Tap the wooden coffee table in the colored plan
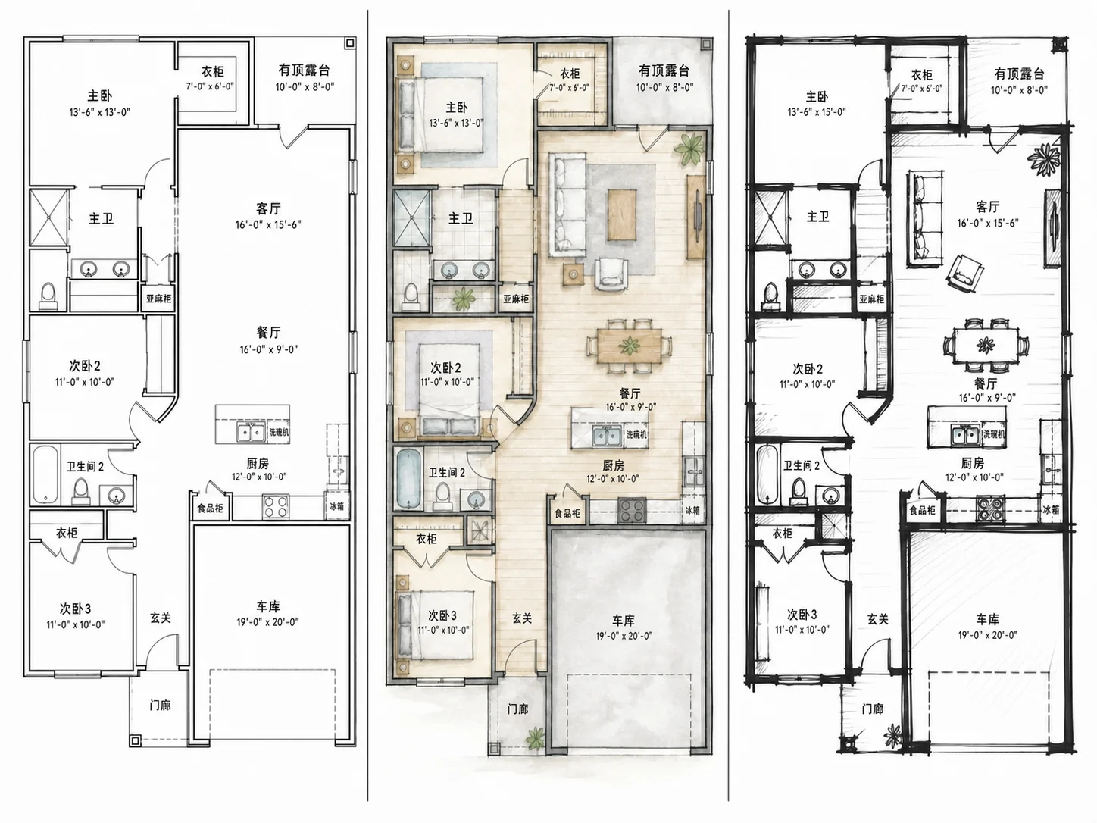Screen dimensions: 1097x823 pos(623,214)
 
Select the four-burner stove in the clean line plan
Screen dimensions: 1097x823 pos(275,507)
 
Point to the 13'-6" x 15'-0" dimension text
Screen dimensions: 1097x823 pos(817,112)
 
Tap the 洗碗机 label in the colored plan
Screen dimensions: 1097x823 pos(636,434)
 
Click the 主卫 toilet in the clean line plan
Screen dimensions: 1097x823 pos(48,296)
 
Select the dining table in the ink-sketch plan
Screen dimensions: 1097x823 pos(986,345)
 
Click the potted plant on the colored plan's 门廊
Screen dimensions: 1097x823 pos(536,737)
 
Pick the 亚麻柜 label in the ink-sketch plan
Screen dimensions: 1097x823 pos(871,299)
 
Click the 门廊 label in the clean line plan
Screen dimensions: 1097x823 pos(160,705)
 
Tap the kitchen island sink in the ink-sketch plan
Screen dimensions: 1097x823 pos(966,434)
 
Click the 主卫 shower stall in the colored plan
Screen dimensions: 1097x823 pos(411,217)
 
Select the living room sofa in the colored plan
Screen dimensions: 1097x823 pos(567,205)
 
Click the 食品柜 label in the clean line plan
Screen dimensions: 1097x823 pos(210,509)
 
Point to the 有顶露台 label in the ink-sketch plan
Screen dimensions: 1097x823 pos(1020,74)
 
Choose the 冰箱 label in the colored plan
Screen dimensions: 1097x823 pos(692,510)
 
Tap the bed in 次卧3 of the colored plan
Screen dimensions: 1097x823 pos(436,625)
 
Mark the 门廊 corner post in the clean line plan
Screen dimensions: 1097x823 pos(134,740)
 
